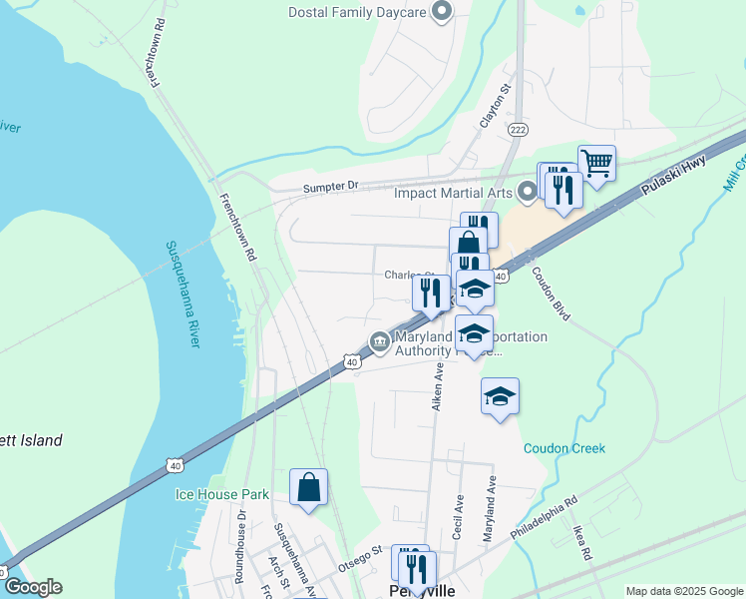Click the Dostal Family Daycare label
(x=356, y=12)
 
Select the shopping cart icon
(x=596, y=163)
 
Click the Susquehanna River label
(x=182, y=294)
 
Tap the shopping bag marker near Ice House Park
(x=309, y=488)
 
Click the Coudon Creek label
(x=564, y=448)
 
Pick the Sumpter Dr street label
(x=331, y=186)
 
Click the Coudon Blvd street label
(x=550, y=292)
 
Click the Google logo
(x=32, y=587)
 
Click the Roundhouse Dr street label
(x=240, y=546)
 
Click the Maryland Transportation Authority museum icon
(x=380, y=342)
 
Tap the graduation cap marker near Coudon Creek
(x=500, y=396)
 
